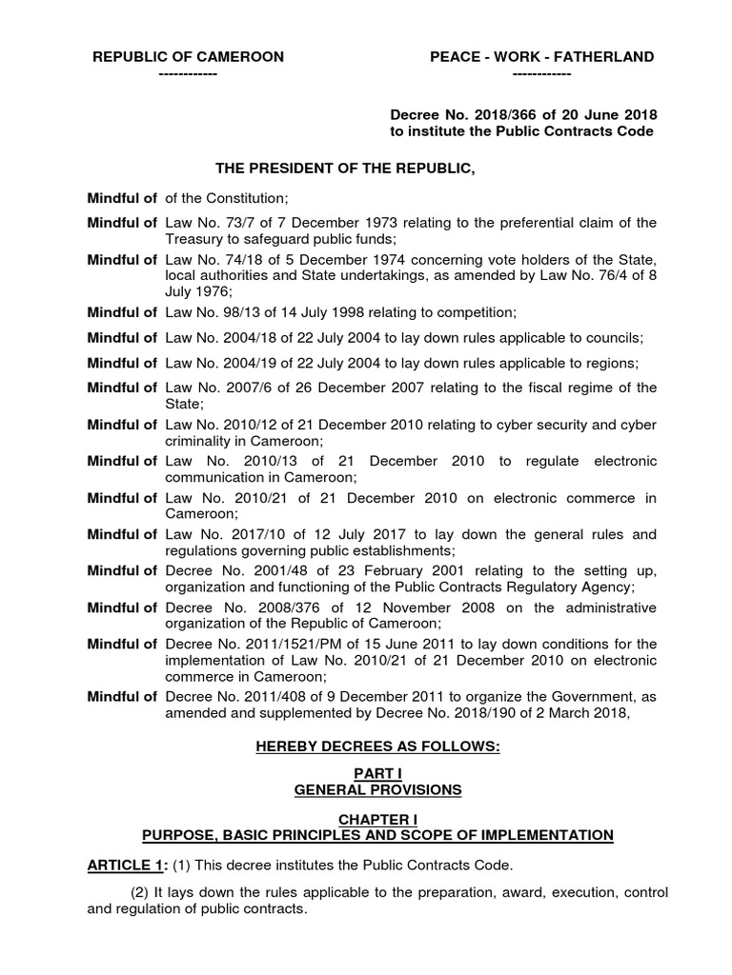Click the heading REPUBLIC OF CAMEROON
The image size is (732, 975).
tap(188, 57)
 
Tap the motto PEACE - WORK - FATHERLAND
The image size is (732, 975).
tap(541, 57)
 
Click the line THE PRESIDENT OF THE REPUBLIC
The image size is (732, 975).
tap(344, 169)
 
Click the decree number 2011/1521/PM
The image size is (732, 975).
tap(281, 644)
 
